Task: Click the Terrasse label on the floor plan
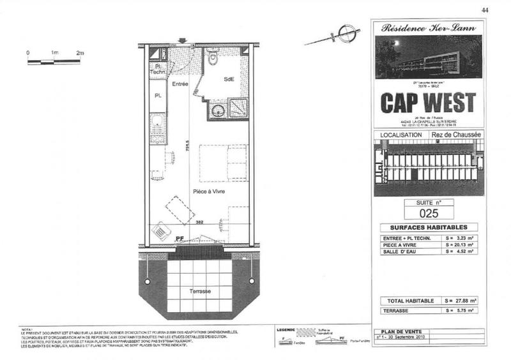tap(200, 291)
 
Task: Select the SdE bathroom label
tap(228, 79)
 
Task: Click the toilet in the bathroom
tap(213, 61)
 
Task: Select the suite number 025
tap(427, 214)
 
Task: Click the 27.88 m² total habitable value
tap(460, 300)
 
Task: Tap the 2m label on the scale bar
tap(80, 52)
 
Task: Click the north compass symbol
tap(346, 33)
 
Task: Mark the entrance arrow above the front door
tap(183, 41)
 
